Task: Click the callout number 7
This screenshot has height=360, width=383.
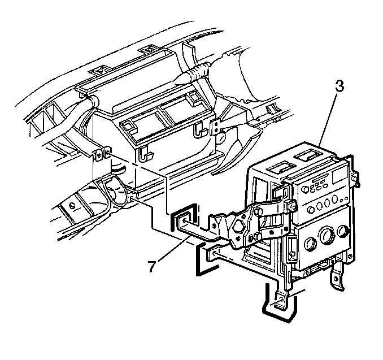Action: point(152,266)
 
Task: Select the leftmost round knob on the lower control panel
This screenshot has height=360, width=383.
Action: point(310,244)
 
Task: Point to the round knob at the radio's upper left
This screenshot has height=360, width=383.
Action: point(304,189)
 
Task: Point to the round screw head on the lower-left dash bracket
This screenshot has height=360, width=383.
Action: point(72,206)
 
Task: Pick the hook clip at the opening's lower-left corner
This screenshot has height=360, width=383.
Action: point(145,154)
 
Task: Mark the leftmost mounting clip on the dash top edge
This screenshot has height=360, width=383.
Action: point(99,71)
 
